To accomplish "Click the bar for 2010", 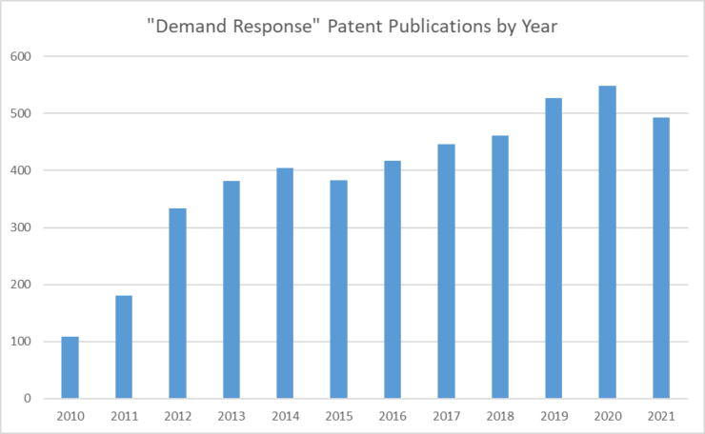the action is click(x=70, y=367).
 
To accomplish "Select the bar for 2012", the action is click(x=177, y=304).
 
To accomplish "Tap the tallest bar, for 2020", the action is click(x=608, y=242).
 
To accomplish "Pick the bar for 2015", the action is click(x=338, y=289).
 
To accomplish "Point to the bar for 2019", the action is click(x=554, y=248).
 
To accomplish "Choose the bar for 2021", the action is click(x=661, y=258).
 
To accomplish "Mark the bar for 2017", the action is click(x=446, y=271).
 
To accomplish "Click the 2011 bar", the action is click(x=124, y=346).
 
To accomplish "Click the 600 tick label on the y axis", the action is click(x=21, y=56).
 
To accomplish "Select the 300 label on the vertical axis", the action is click(x=21, y=227).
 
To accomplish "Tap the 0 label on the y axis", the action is click(x=28, y=399).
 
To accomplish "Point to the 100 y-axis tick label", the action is click(x=21, y=342).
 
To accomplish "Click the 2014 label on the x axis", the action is click(x=285, y=417).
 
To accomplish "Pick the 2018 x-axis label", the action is click(x=500, y=417).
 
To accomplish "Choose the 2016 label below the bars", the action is click(x=393, y=417).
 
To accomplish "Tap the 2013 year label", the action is click(x=232, y=417).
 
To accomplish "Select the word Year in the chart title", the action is click(x=539, y=26).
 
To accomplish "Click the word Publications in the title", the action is click(x=439, y=26).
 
